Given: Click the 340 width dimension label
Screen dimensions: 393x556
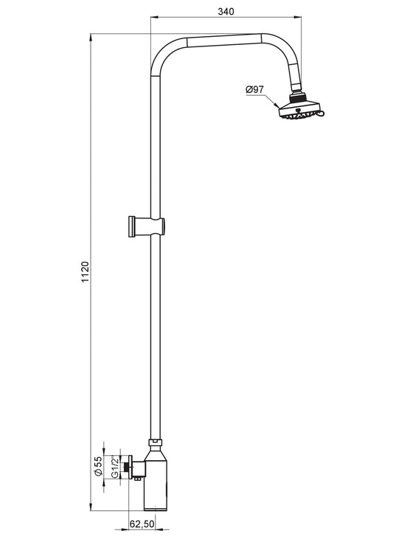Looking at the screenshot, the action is click(x=226, y=11).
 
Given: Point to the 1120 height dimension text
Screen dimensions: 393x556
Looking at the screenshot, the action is click(x=85, y=272).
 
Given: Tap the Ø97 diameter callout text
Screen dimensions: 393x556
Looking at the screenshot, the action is click(x=254, y=89).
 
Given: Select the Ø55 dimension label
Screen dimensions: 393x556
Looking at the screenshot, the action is click(x=98, y=466).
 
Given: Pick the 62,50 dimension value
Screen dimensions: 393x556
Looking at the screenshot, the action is click(x=142, y=524).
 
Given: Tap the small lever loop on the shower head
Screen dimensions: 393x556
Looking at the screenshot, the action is click(x=321, y=113).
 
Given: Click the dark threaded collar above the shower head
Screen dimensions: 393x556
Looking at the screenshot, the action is click(x=297, y=97).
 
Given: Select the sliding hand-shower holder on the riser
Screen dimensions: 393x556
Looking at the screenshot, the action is click(x=147, y=226).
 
